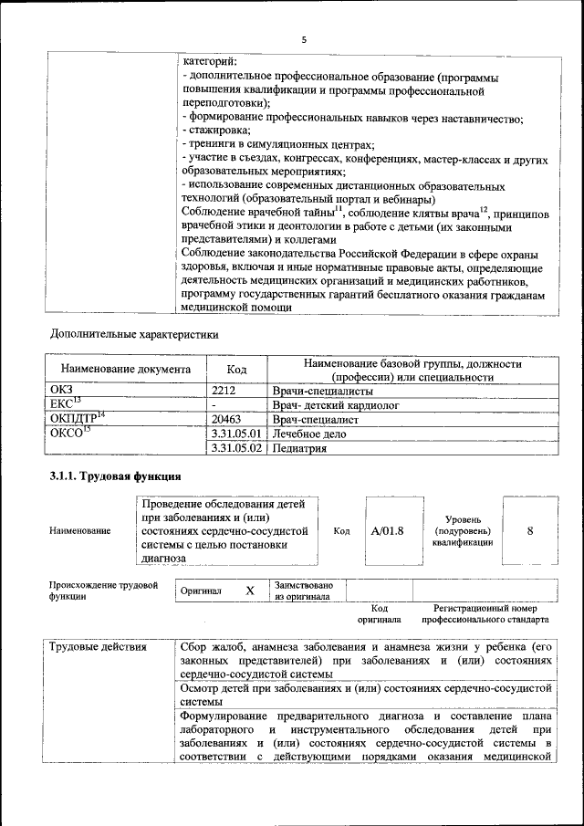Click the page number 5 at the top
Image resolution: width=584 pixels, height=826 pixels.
point(304,39)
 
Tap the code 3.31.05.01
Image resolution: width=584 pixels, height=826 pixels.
point(236,434)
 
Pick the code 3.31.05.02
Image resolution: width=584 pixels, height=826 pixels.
point(236,449)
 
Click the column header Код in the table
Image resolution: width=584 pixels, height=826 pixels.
point(236,370)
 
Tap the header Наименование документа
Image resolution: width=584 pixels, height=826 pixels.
point(126,370)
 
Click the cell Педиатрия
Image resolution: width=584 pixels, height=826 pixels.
point(299,449)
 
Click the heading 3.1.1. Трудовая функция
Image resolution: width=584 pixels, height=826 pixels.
point(115,476)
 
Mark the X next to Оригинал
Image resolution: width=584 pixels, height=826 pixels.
point(250,591)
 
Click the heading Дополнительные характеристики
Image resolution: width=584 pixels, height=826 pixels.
point(134,334)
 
